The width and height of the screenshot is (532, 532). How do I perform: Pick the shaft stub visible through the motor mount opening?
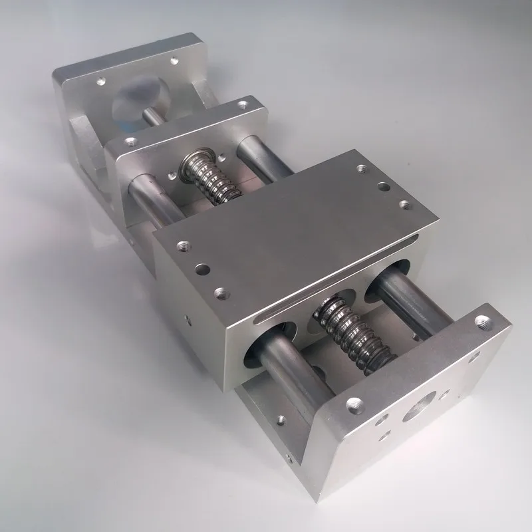click(152, 114)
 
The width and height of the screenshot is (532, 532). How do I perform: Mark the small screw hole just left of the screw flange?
click(172, 175)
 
